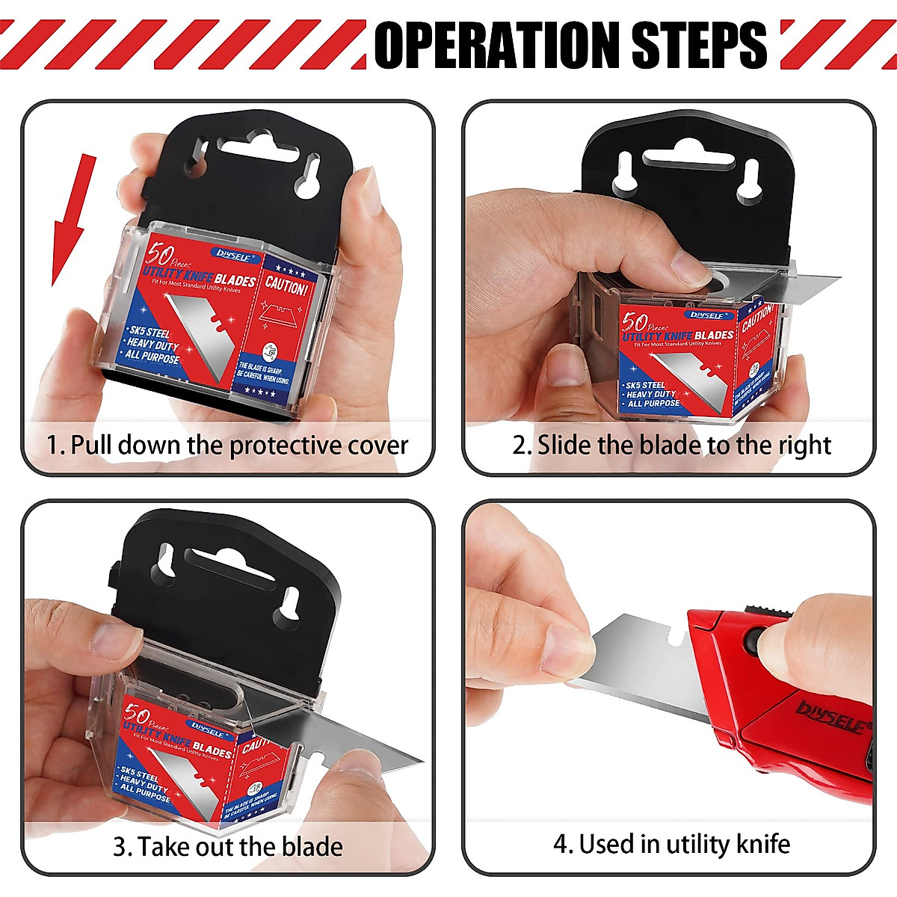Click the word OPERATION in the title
pyautogui.click(x=497, y=44)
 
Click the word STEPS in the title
pyautogui.click(x=699, y=44)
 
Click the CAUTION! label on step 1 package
pyautogui.click(x=286, y=286)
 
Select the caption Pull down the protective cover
pyautogui.click(x=228, y=446)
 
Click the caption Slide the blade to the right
pyautogui.click(x=671, y=446)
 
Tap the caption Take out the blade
pyautogui.click(x=228, y=847)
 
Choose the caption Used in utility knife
pyautogui.click(x=671, y=845)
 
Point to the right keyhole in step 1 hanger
pyautogui.click(x=308, y=176)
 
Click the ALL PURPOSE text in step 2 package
pyautogui.click(x=653, y=403)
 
